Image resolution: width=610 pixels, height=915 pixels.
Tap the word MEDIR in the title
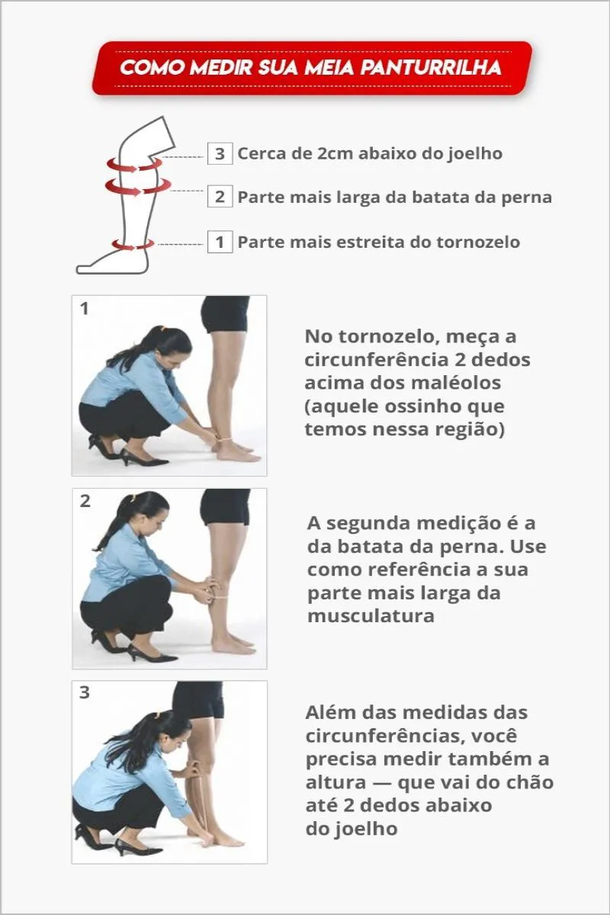click(x=222, y=68)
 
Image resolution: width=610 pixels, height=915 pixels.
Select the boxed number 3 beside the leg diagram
click(x=220, y=153)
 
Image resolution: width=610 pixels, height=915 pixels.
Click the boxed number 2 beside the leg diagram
click(x=220, y=197)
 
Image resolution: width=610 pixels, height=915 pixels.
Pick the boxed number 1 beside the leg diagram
click(x=220, y=242)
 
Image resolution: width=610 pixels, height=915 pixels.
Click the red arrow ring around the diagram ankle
click(x=133, y=244)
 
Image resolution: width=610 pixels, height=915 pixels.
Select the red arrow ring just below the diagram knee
click(x=134, y=166)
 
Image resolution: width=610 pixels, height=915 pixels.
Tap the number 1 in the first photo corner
click(x=84, y=309)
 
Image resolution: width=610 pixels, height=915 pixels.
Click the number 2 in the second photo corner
click(x=85, y=501)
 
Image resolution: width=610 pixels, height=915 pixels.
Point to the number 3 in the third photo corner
click(x=85, y=693)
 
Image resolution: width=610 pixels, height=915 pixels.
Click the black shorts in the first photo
click(x=225, y=313)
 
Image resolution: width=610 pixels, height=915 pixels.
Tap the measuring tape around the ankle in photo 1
click(x=223, y=440)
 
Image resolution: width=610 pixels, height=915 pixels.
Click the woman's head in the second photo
click(x=147, y=515)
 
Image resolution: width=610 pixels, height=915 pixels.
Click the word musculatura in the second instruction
click(x=371, y=616)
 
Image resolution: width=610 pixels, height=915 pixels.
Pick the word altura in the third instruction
click(x=335, y=782)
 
